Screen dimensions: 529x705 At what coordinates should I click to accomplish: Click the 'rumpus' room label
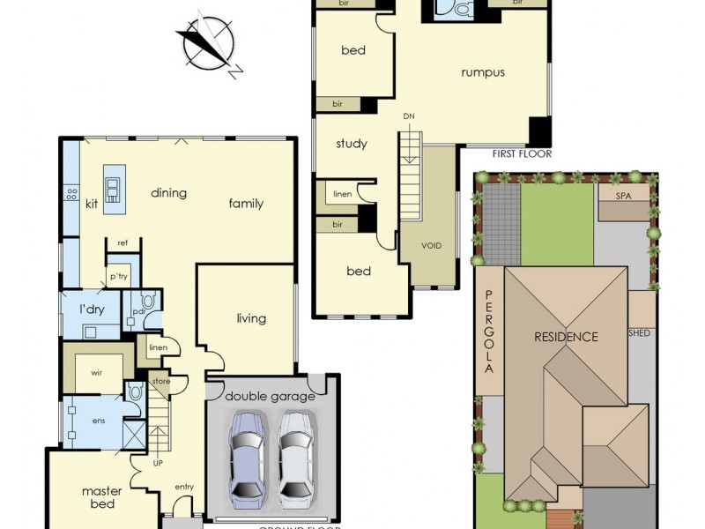click(x=483, y=72)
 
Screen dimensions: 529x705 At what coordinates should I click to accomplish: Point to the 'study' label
click(x=352, y=144)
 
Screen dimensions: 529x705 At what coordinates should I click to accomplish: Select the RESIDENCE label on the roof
click(x=566, y=337)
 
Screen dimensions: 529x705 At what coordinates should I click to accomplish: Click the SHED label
click(x=638, y=334)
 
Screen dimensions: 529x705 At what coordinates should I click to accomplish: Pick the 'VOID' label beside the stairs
click(x=431, y=246)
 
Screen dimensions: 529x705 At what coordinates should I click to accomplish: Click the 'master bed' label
click(x=102, y=497)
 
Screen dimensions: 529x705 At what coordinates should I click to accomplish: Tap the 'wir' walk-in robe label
click(x=98, y=373)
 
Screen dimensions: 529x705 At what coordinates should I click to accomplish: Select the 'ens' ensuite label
click(x=98, y=421)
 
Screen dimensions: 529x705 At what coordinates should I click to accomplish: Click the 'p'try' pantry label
click(x=119, y=277)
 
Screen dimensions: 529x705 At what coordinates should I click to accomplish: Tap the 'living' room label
click(x=251, y=318)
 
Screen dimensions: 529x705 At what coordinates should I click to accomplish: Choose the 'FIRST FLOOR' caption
click(x=521, y=154)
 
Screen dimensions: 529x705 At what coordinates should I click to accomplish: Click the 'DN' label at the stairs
click(x=409, y=116)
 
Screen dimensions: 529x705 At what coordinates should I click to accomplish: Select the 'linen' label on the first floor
click(x=342, y=194)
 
